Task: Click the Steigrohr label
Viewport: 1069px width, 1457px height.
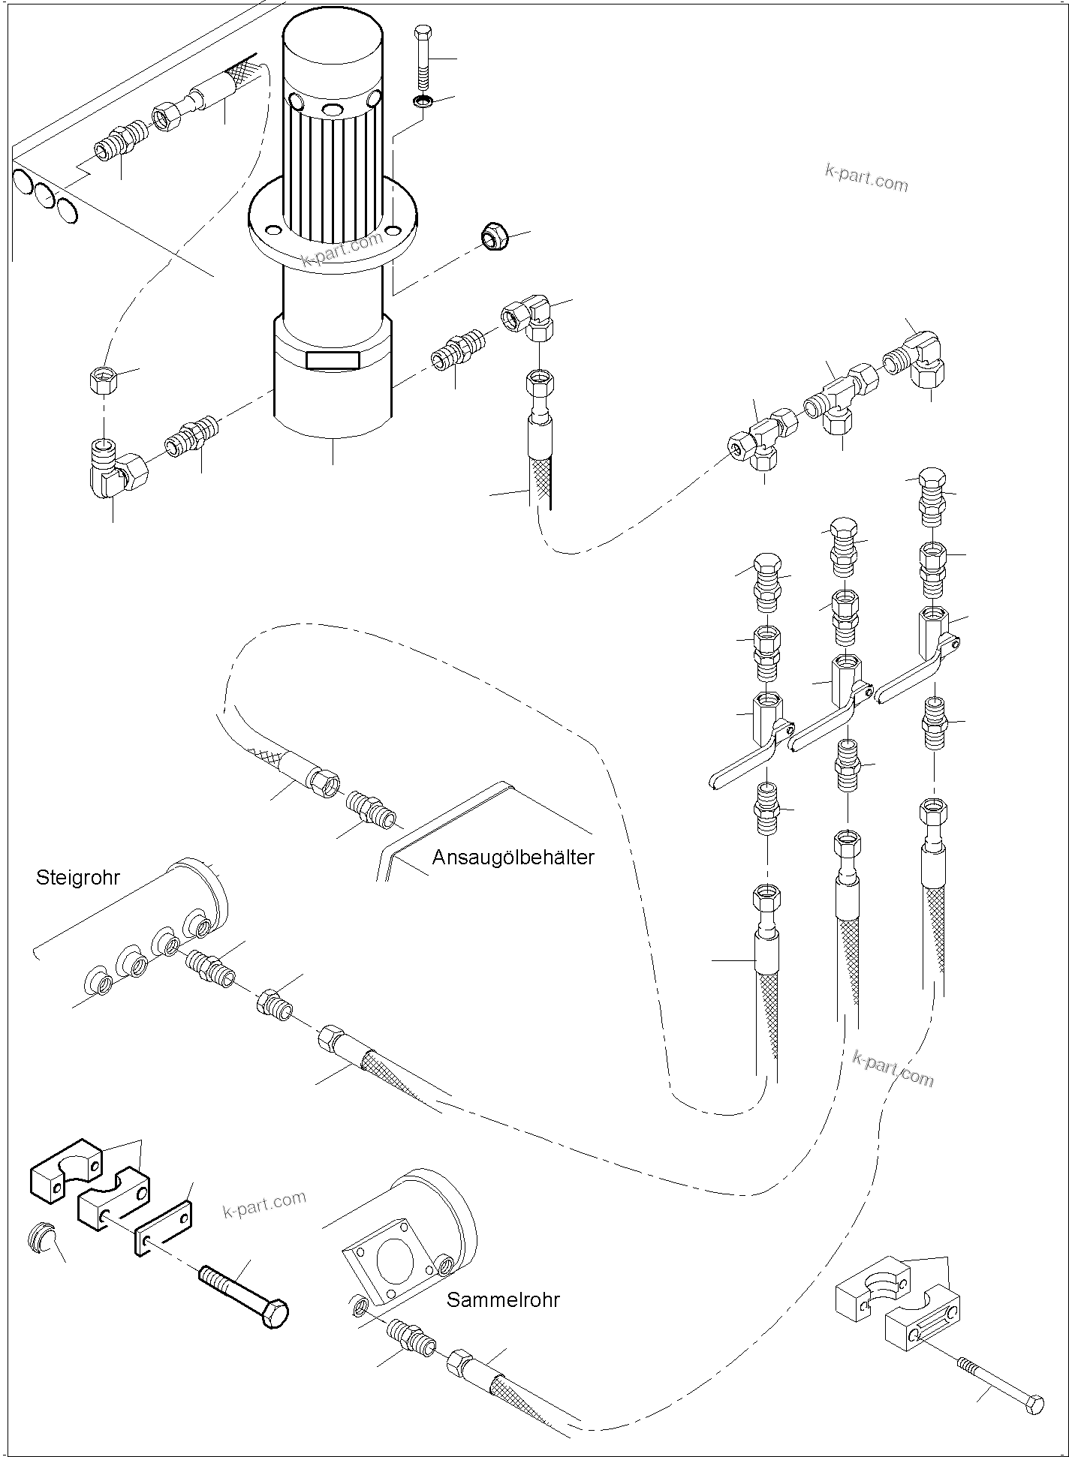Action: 77,878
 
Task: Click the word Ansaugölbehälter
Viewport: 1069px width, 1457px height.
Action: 513,857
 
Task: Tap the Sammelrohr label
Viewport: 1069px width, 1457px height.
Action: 503,1299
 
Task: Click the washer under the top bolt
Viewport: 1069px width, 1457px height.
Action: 423,102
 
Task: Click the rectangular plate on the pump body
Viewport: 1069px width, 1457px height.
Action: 333,360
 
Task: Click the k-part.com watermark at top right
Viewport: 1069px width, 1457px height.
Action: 866,179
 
